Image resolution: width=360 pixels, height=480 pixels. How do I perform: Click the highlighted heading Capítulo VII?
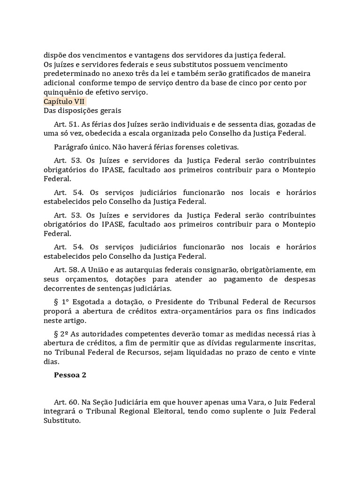click(64, 101)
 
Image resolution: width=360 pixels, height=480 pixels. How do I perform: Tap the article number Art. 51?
click(67, 124)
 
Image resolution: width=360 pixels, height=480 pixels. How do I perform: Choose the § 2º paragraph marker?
click(62, 333)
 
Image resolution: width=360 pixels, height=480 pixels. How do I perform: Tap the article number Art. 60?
click(67, 402)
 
